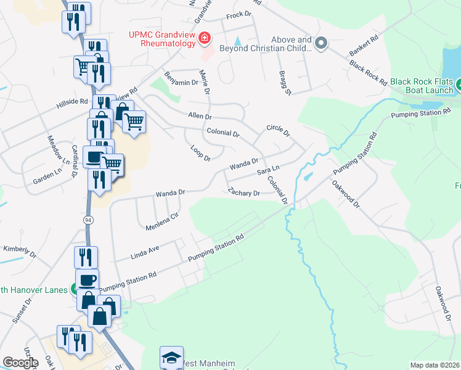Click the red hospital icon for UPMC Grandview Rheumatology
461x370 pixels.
[x=205, y=39]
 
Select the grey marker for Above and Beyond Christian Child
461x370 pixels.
[x=320, y=43]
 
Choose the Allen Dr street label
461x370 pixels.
[x=200, y=116]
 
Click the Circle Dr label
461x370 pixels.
[x=277, y=130]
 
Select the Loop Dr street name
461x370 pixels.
[x=200, y=152]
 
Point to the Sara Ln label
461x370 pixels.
[x=268, y=169]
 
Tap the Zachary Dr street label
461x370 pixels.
[x=244, y=192]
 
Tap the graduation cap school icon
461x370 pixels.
[x=171, y=358]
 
